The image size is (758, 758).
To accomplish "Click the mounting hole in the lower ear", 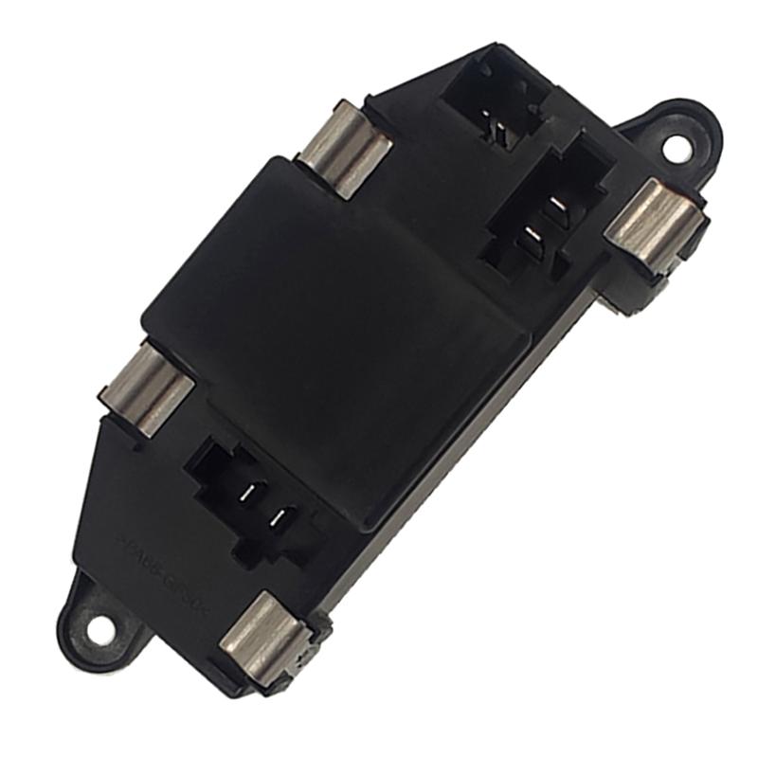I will pos(99,628).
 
